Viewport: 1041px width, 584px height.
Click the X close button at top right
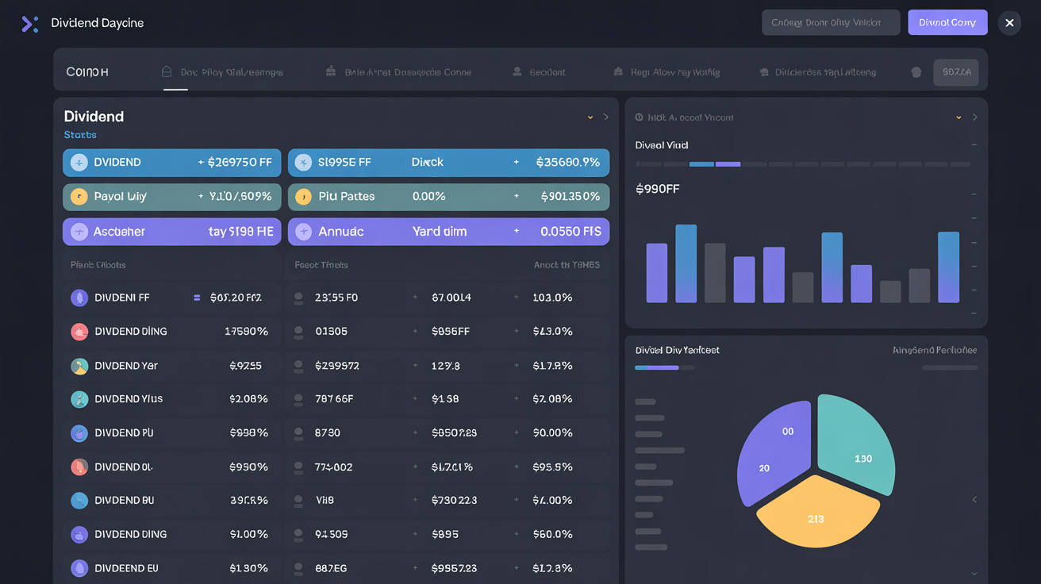[1009, 23]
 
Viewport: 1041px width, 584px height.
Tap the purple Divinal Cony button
[947, 23]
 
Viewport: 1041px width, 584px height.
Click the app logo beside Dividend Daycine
[29, 24]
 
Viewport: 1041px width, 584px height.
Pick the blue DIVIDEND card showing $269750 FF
[171, 163]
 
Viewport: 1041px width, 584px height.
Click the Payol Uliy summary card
[171, 197]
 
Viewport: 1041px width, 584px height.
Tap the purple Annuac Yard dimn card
[448, 232]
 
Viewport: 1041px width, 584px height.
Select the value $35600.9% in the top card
[567, 163]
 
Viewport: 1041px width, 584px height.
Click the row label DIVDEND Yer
[126, 366]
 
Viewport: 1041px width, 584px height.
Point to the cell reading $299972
[336, 366]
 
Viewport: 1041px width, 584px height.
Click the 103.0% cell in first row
[552, 298]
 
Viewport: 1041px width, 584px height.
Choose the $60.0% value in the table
[552, 534]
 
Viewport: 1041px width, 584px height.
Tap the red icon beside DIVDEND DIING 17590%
[79, 332]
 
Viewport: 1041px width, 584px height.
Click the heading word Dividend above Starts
[94, 117]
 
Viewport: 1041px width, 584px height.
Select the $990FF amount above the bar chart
[657, 189]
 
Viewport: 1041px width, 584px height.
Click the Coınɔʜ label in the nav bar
[87, 72]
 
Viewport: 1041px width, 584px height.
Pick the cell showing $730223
[454, 501]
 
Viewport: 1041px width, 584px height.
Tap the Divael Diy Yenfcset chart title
[677, 350]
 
